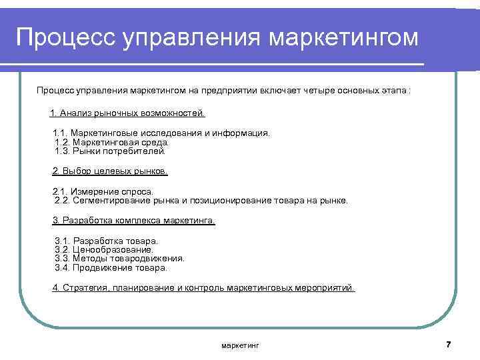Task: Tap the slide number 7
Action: [x=448, y=345]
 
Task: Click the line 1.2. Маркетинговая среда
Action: [x=112, y=142]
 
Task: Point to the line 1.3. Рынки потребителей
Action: [x=110, y=151]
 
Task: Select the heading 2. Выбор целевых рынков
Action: [x=110, y=171]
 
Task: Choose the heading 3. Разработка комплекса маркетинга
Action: [x=133, y=220]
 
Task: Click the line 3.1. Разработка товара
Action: [x=107, y=240]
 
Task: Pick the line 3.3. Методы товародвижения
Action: [x=120, y=258]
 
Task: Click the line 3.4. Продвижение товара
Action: [x=111, y=267]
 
